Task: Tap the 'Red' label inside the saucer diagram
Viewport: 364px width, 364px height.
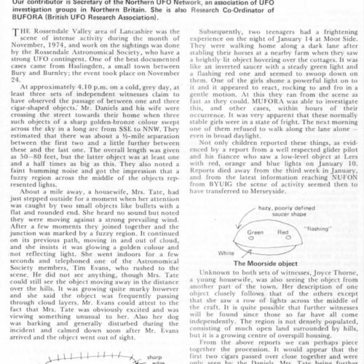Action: pyautogui.click(x=282, y=229)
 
